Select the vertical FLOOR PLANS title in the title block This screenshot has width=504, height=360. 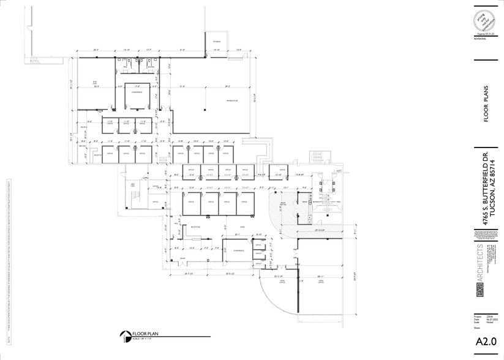[486, 103]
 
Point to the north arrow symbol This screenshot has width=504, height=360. [125, 335]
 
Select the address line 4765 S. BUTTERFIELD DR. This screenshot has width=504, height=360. [485, 187]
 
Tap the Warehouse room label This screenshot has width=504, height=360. [214, 100]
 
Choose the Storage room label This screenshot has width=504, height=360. [216, 41]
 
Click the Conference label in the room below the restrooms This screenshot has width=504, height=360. [137, 92]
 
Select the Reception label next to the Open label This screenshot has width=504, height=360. [196, 227]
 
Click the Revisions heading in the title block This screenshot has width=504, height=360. [480, 38]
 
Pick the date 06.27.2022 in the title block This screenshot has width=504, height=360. [490, 318]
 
